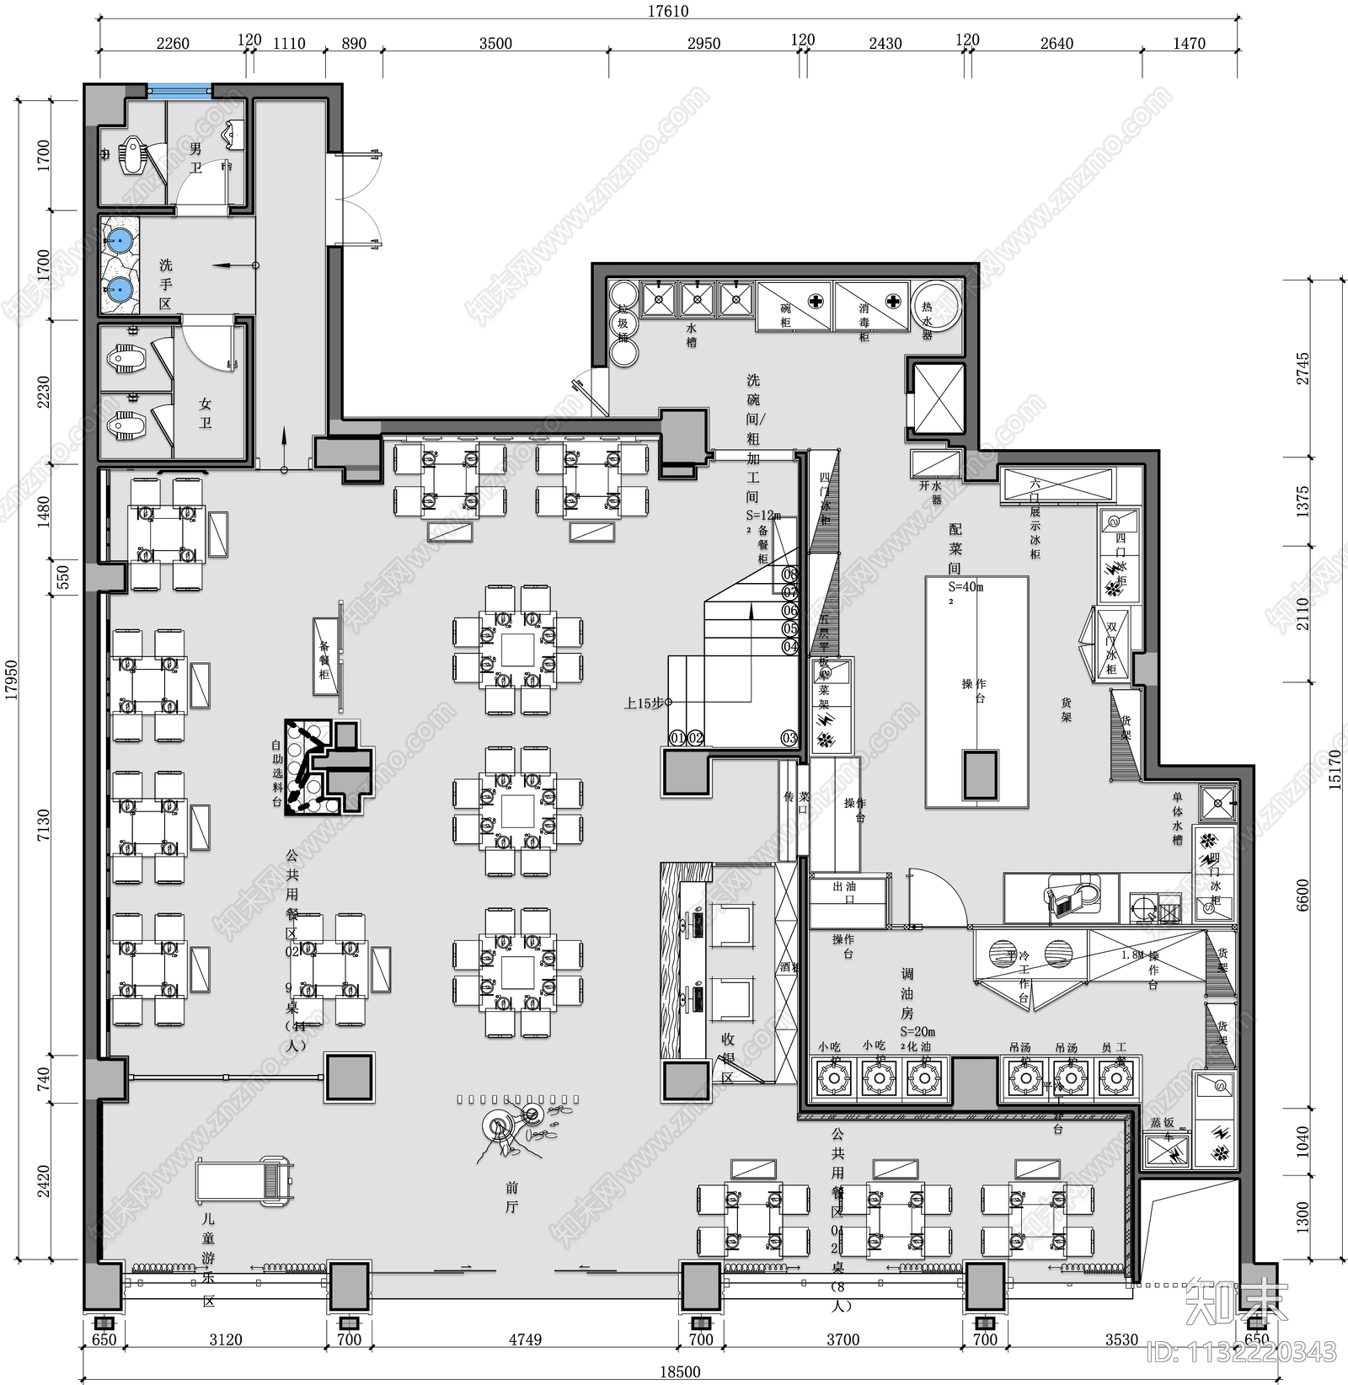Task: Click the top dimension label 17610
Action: click(667, 12)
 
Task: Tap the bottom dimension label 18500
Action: click(679, 1371)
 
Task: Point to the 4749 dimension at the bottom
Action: click(525, 1339)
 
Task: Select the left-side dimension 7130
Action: click(43, 825)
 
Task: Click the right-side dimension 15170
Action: click(1334, 768)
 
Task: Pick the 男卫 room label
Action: click(195, 158)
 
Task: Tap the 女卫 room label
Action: click(206, 413)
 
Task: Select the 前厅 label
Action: click(511, 1196)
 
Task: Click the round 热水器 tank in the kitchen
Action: click(937, 307)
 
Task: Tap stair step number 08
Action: click(789, 575)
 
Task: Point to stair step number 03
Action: click(789, 738)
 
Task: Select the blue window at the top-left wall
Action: click(179, 89)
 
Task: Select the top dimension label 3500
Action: click(495, 44)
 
